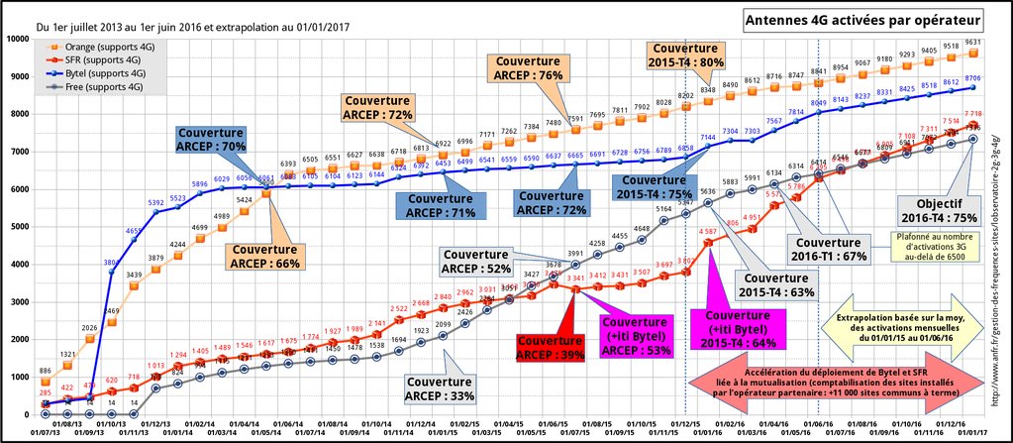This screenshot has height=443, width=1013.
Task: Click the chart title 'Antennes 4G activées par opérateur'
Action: (864, 20)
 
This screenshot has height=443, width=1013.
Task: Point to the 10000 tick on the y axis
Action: (16, 39)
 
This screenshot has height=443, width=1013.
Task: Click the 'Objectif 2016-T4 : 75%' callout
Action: (939, 210)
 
